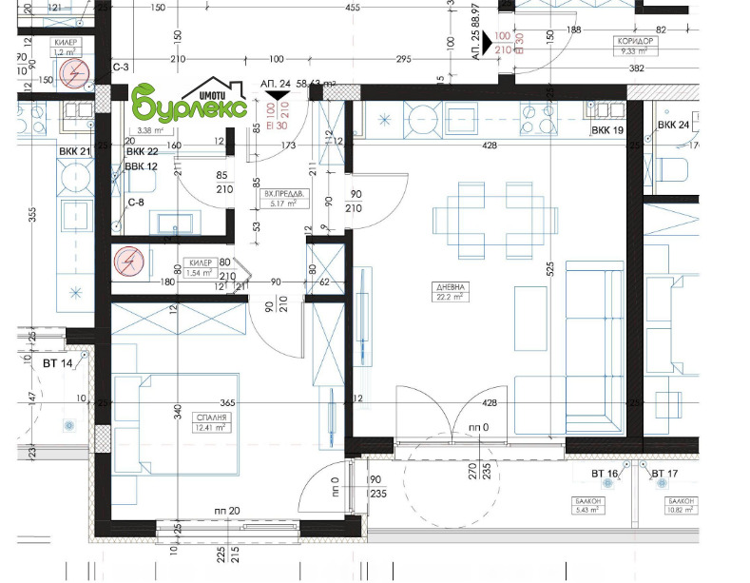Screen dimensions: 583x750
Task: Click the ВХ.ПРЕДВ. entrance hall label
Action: pyautogui.click(x=280, y=197)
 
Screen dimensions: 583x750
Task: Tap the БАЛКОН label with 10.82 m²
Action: pyautogui.click(x=681, y=505)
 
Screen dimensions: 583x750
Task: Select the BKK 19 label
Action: pyautogui.click(x=606, y=129)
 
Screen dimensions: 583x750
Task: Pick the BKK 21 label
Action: pyautogui.click(x=74, y=151)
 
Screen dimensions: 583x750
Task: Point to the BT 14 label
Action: pyautogui.click(x=57, y=364)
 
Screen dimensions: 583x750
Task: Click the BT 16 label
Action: pyautogui.click(x=604, y=474)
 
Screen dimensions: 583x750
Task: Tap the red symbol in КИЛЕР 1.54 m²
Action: pyautogui.click(x=126, y=262)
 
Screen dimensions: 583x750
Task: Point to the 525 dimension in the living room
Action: pyautogui.click(x=548, y=270)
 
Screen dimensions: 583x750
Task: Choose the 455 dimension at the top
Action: pyautogui.click(x=354, y=8)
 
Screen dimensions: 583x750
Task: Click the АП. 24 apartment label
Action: pyautogui.click(x=275, y=84)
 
